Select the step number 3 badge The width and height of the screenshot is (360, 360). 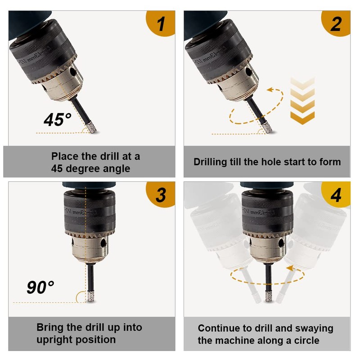coord(161,195)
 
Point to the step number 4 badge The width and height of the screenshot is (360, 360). coord(336,195)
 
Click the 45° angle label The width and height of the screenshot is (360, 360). coord(58,120)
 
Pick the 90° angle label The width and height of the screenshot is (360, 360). coord(40,287)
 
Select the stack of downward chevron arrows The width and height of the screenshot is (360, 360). coord(302,100)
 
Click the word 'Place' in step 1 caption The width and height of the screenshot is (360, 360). coord(65,157)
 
